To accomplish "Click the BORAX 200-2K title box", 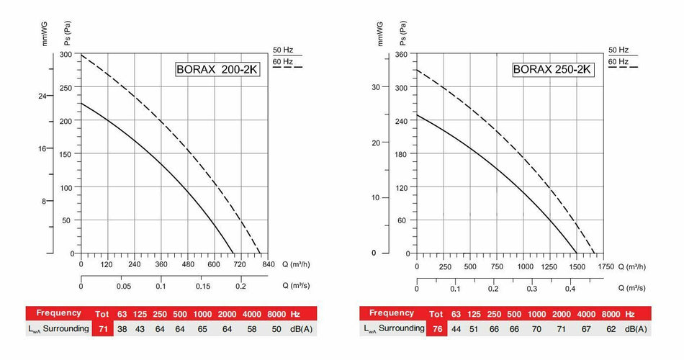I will (x=215, y=70).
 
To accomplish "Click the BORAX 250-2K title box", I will (x=552, y=70).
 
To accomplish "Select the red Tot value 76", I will (x=436, y=328).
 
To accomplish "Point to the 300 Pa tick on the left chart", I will (x=67, y=55).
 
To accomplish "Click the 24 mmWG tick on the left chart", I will (x=42, y=96).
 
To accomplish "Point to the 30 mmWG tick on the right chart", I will (x=374, y=88).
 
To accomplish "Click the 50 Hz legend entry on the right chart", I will (x=618, y=50).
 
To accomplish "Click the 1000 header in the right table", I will (x=536, y=314).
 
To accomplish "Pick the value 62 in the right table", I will (x=612, y=328).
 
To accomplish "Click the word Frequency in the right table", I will (x=392, y=313).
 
